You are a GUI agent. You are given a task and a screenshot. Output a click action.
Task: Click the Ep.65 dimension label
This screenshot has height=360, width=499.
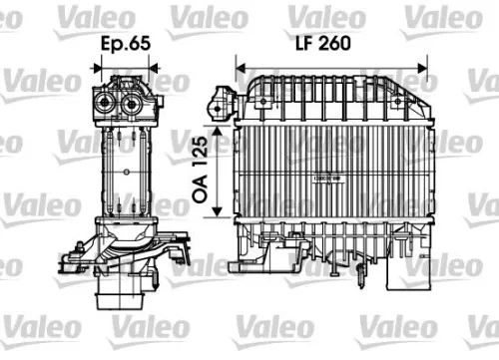pyautogui.click(x=127, y=45)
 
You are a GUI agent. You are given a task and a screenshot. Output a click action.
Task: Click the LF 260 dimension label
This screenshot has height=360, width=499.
pyautogui.click(x=330, y=45)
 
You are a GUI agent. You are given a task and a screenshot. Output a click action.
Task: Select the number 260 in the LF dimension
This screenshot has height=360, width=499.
pyautogui.click(x=344, y=45)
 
